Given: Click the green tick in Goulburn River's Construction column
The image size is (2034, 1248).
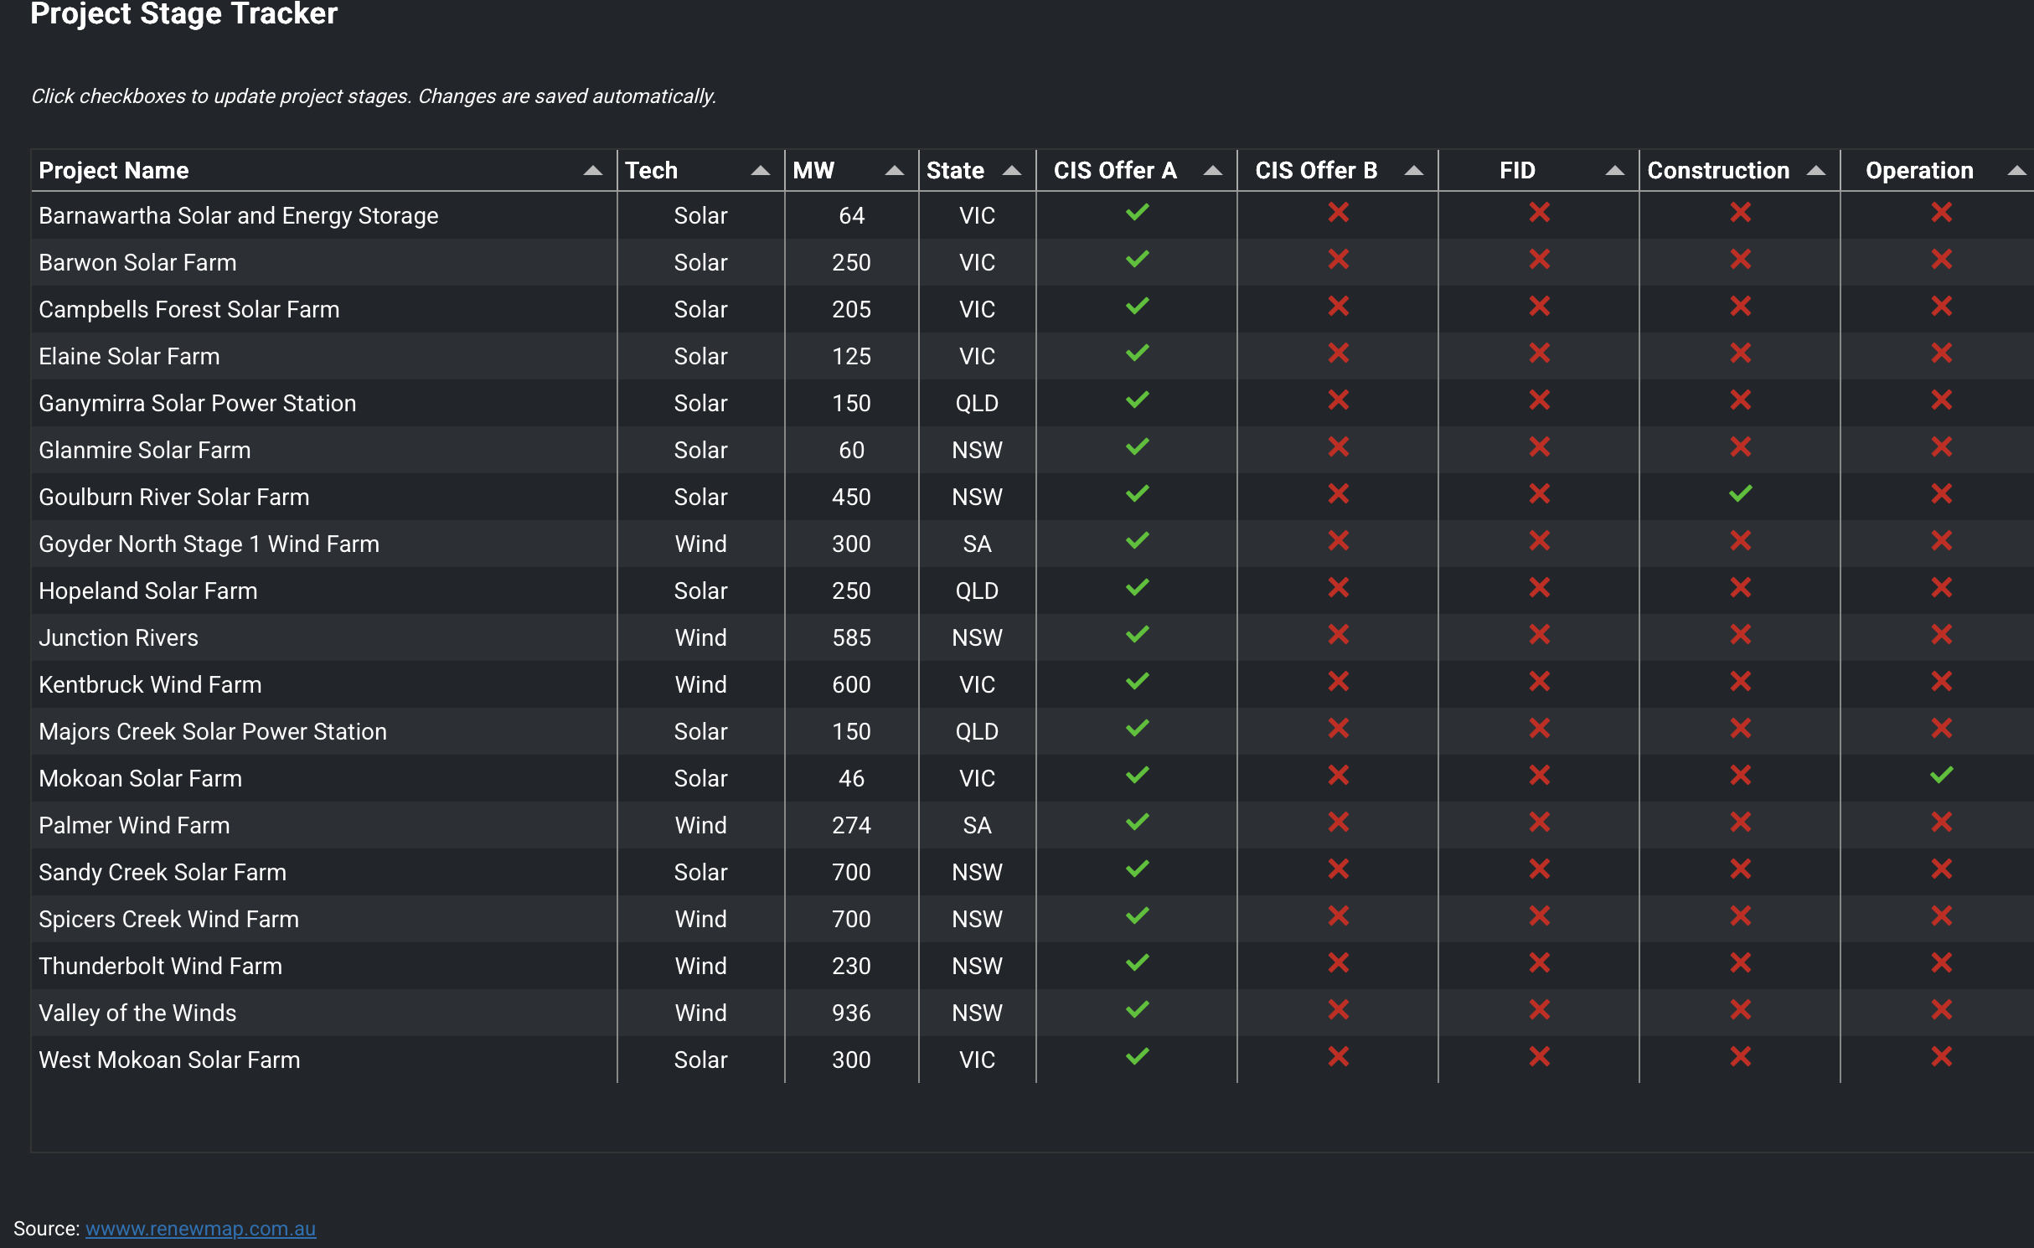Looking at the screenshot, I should click(x=1740, y=494).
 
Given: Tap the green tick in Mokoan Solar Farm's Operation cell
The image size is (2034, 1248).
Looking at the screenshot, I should click(x=1941, y=776).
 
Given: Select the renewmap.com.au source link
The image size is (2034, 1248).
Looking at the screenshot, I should click(x=200, y=1229).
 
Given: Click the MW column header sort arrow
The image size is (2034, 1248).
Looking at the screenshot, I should click(x=894, y=171).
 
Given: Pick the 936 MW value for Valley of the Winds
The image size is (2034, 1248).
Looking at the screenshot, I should click(x=851, y=1013).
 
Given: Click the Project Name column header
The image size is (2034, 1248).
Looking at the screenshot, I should click(x=114, y=171).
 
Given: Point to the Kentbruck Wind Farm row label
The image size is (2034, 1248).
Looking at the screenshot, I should click(x=150, y=684).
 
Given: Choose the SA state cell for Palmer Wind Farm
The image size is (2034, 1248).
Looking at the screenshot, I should click(x=977, y=825).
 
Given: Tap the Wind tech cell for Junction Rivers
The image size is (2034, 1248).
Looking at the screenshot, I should click(x=700, y=637).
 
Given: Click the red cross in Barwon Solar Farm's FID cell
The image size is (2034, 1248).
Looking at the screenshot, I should click(x=1539, y=260).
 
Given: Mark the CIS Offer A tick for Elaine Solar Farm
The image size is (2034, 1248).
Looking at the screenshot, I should click(x=1137, y=353).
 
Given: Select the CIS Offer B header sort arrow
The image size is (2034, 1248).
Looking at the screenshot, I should click(x=1413, y=171).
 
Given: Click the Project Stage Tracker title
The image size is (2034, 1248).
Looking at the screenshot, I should click(x=183, y=14).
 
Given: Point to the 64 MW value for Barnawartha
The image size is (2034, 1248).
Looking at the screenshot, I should click(x=851, y=215).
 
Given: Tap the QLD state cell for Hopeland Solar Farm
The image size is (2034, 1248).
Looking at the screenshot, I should click(x=977, y=590).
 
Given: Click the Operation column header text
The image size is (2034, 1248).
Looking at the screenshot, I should click(x=1919, y=171).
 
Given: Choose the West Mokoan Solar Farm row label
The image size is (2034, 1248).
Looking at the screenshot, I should click(x=169, y=1060).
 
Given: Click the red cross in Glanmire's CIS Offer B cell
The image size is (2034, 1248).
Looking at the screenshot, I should click(x=1338, y=447).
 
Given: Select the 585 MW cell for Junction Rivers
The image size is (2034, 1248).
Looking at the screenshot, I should click(x=851, y=637).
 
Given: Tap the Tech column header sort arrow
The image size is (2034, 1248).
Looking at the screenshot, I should click(x=760, y=171).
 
